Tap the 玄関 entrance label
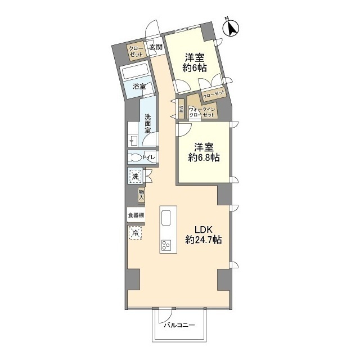[x=156, y=47]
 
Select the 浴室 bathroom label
[x=139, y=86]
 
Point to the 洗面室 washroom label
[x=147, y=123]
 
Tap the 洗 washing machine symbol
[x=136, y=176]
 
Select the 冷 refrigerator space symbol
[x=135, y=233]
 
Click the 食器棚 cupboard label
[x=136, y=215]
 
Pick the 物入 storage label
[x=141, y=195]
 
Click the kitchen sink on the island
[x=166, y=218]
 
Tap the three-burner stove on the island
[x=166, y=245]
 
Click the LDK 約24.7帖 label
[x=203, y=235]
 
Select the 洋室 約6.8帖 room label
[x=204, y=152]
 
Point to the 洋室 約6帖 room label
[x=195, y=62]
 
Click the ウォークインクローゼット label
[x=201, y=112]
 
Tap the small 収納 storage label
[x=181, y=109]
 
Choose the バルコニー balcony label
[x=179, y=325]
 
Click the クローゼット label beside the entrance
[x=136, y=51]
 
